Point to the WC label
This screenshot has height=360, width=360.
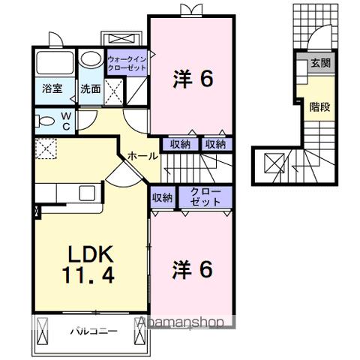[x=65, y=120]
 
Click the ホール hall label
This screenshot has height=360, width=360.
[x=142, y=156]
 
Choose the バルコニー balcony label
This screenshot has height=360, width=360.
[x=93, y=330]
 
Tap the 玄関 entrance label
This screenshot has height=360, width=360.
[x=320, y=63]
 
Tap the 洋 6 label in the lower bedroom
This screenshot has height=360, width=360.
[x=193, y=268]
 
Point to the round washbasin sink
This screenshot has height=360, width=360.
[x=89, y=59]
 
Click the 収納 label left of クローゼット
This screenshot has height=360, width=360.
[x=163, y=198]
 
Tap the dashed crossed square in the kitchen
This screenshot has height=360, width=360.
[x=44, y=148]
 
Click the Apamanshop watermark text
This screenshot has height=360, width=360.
[x=180, y=323]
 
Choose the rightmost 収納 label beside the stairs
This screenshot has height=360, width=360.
[x=215, y=144]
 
